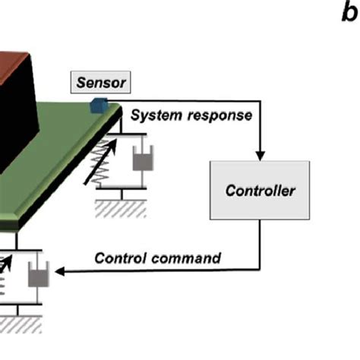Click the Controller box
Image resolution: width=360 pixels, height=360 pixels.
(260, 191)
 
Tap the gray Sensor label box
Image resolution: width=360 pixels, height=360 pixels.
(99, 82)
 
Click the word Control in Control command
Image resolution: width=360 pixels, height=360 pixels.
(120, 257)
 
